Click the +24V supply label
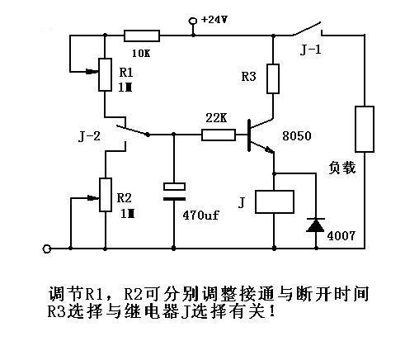pyautogui.click(x=214, y=20)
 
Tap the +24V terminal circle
pyautogui.click(x=193, y=21)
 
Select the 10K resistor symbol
pyautogui.click(x=142, y=36)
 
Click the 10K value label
pyautogui.click(x=141, y=53)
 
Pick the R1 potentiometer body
pyautogui.click(x=105, y=74)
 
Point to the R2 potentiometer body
pyautogui.click(x=106, y=195)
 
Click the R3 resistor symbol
pyautogui.click(x=273, y=78)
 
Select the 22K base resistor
pyautogui.click(x=219, y=135)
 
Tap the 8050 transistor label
pyautogui.click(x=297, y=136)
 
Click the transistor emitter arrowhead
pyautogui.click(x=269, y=149)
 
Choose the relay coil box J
pyautogui.click(x=275, y=201)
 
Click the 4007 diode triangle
pyautogui.click(x=316, y=225)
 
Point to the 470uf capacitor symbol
pyautogui.click(x=174, y=192)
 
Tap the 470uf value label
pyautogui.click(x=200, y=215)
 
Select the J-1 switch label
pyautogui.click(x=310, y=50)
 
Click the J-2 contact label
pyautogui.click(x=89, y=136)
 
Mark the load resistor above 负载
pyautogui.click(x=365, y=129)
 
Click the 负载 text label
pyautogui.click(x=342, y=168)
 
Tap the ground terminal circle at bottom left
pyautogui.click(x=47, y=249)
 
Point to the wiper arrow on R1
pyautogui.click(x=92, y=72)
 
